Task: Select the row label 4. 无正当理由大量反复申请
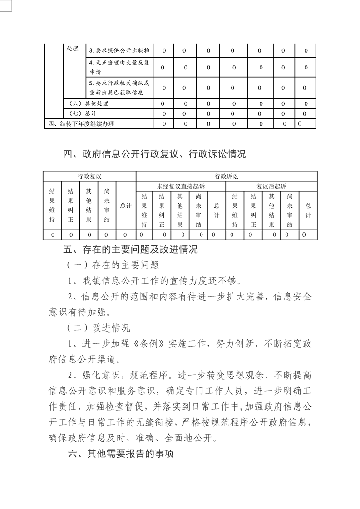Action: click(119, 67)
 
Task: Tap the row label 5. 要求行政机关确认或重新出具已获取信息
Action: click(119, 88)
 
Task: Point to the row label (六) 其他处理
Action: click(89, 103)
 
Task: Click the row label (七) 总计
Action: click(84, 113)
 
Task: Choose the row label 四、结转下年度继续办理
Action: click(81, 123)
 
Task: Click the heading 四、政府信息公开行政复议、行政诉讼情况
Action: click(154, 154)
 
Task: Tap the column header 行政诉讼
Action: click(227, 176)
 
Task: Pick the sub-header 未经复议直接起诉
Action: click(181, 186)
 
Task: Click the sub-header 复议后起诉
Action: click(271, 186)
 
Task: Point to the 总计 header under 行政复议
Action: click(126, 206)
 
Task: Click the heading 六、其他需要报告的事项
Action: click(120, 454)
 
